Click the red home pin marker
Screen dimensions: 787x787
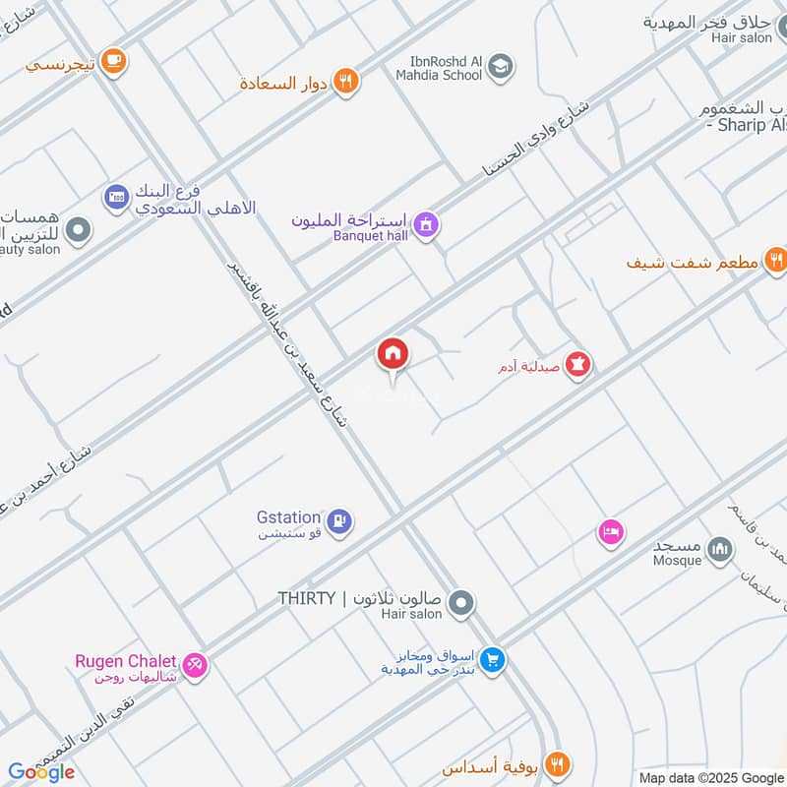393,354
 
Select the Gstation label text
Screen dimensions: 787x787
288,516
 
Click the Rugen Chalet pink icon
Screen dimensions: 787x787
196,666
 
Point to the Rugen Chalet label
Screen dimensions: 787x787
126,661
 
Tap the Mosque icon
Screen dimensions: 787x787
720,548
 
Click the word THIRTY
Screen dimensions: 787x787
307,598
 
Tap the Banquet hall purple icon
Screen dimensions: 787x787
425,225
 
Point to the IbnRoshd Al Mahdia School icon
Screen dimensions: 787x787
501,67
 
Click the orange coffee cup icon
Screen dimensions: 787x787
115,61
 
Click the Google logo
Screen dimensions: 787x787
41,772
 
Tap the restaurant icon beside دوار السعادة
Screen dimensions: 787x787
344,82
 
